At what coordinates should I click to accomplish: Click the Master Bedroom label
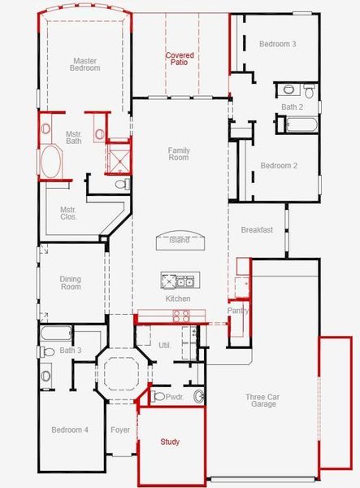tap(85, 64)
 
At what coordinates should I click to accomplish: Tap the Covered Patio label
tap(180, 59)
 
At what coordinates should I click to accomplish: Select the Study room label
tap(170, 442)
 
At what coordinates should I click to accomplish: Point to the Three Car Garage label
tap(262, 400)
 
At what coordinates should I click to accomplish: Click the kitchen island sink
tap(184, 281)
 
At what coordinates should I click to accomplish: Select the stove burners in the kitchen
tap(181, 316)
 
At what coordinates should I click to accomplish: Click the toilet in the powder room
tap(158, 396)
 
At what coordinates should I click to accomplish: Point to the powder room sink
tap(198, 396)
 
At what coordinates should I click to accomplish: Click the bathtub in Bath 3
tap(56, 333)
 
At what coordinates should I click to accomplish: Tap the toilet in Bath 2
tap(309, 91)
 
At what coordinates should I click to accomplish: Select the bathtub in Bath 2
tap(301, 124)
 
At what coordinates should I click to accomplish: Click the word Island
tap(180, 240)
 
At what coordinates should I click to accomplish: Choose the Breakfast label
tap(257, 229)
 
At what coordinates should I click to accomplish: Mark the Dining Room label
tap(71, 283)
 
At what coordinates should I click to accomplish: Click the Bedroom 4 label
tap(70, 429)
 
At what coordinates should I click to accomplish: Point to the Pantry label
tap(238, 311)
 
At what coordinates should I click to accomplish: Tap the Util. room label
tap(164, 346)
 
